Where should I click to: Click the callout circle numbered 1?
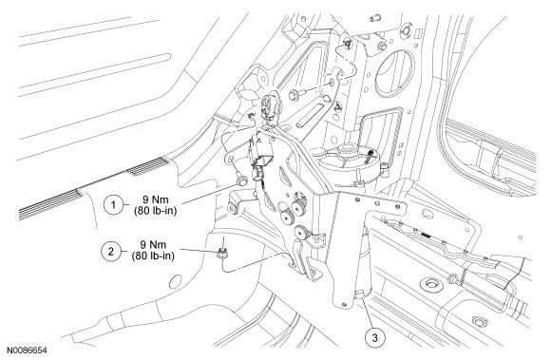point(113,204)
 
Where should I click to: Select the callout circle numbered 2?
point(111,251)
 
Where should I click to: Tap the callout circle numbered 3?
point(374,338)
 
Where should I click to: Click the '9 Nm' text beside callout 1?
point(155,199)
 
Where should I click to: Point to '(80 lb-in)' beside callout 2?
point(153,256)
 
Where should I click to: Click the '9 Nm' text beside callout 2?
point(153,245)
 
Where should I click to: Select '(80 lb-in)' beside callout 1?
point(155,211)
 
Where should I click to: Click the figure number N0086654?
point(27,351)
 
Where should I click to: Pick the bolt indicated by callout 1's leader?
point(241,180)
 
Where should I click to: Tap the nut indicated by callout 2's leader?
point(221,253)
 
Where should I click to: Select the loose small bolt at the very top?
point(374,17)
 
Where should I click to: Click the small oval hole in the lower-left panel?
point(176,281)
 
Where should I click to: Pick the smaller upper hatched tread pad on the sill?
point(148,166)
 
